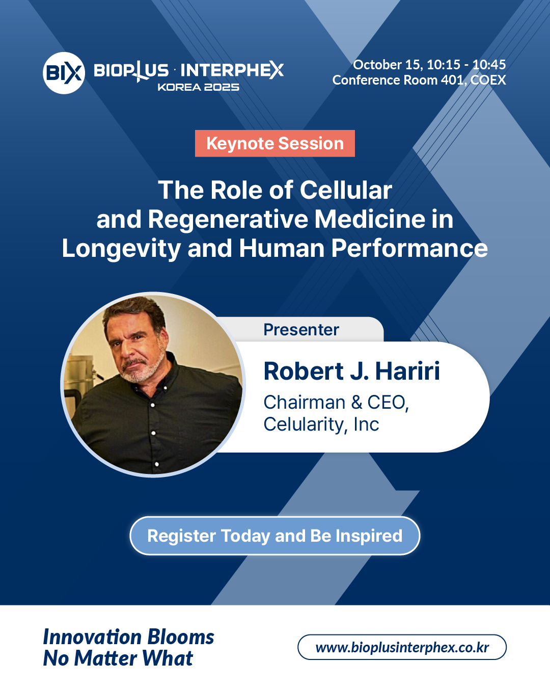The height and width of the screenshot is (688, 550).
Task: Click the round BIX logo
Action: tap(64, 73)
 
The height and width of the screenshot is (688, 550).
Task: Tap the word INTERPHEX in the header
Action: tap(232, 70)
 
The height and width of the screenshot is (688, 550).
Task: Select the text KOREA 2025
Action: tap(199, 87)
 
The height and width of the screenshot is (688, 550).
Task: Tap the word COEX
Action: tap(488, 80)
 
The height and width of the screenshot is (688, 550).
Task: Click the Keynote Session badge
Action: tap(275, 143)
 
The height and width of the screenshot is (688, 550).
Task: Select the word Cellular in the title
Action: tap(346, 190)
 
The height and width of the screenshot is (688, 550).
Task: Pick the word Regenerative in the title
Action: tap(228, 220)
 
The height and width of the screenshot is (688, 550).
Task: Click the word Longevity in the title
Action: tap(121, 249)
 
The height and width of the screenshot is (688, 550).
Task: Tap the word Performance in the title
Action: tap(409, 248)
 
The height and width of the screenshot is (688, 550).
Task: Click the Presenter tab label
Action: tap(301, 330)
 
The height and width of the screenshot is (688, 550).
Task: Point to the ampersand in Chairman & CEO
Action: tap(356, 402)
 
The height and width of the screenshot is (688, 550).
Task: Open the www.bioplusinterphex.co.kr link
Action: tap(402, 647)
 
